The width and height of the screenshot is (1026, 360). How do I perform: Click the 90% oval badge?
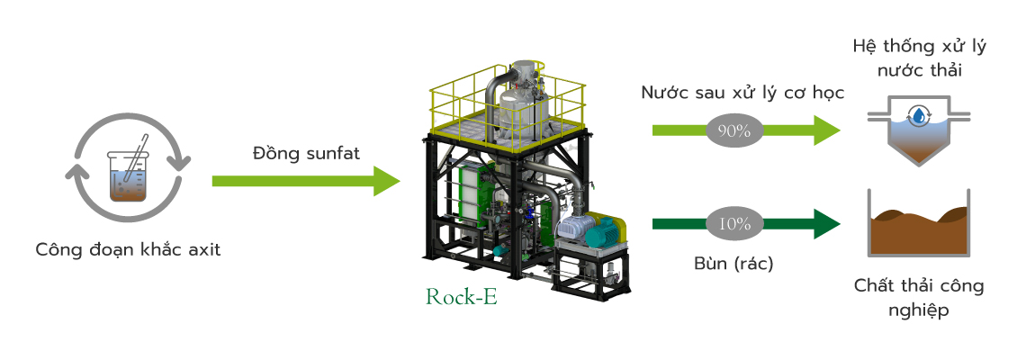(734, 130)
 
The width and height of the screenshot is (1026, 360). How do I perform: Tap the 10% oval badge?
(734, 224)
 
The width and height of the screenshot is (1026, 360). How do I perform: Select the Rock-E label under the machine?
(462, 296)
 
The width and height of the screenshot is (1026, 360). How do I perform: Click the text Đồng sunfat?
(306, 154)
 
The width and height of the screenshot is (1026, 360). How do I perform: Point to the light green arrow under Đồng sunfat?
(306, 181)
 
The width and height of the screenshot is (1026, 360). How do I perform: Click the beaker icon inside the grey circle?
(129, 175)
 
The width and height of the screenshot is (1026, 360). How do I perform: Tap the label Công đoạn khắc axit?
(128, 249)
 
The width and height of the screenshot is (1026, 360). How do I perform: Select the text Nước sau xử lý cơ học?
(742, 93)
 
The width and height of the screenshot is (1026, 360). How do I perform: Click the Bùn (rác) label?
(733, 264)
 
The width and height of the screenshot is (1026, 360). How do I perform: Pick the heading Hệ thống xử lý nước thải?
(919, 58)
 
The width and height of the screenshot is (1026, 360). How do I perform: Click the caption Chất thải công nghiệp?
(919, 297)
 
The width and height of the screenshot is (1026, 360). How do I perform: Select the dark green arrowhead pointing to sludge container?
(826, 224)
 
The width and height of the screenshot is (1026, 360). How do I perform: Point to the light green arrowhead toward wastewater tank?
(826, 130)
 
